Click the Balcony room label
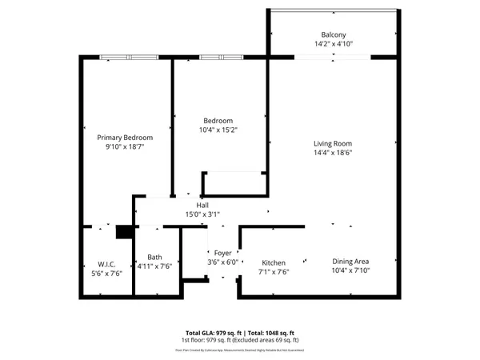click(x=334, y=35)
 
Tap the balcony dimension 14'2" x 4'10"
click(x=334, y=45)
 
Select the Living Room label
click(x=333, y=144)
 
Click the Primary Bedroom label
click(x=125, y=138)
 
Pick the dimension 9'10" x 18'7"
click(x=125, y=147)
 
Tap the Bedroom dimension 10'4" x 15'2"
click(x=218, y=130)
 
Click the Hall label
click(x=202, y=206)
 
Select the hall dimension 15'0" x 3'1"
click(x=202, y=214)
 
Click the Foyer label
click(x=222, y=253)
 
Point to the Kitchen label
click(x=274, y=262)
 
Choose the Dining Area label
click(x=350, y=261)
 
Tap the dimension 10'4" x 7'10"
click(x=350, y=270)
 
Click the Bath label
click(x=154, y=257)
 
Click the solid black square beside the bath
click(x=123, y=232)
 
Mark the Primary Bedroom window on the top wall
click(x=130, y=57)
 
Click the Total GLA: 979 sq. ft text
click(x=210, y=332)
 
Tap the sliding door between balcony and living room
click(x=333, y=57)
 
